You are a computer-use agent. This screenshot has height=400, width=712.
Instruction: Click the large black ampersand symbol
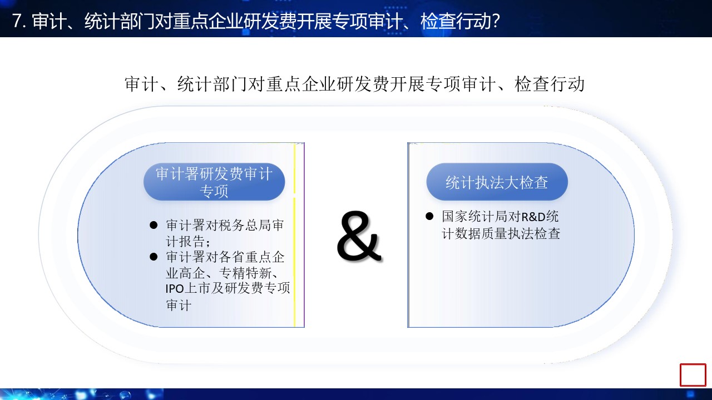pyautogui.click(x=359, y=236)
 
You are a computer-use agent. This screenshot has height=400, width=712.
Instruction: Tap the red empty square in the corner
pyautogui.click(x=693, y=375)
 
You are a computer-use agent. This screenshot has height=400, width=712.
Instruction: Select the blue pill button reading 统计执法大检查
pyautogui.click(x=497, y=182)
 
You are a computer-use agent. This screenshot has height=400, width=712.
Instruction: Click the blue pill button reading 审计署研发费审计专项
pyautogui.click(x=214, y=182)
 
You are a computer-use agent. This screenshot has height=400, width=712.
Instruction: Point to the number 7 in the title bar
pyautogui.click(x=17, y=21)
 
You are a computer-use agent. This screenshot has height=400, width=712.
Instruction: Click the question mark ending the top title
pyautogui.click(x=495, y=21)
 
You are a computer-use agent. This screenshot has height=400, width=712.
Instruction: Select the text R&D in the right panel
pyautogui.click(x=533, y=217)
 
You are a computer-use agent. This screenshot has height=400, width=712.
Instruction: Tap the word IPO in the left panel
pyautogui.click(x=175, y=289)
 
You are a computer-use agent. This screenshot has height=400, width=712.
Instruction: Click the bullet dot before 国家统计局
pyautogui.click(x=429, y=217)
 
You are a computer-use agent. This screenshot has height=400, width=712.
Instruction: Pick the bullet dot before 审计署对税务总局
pyautogui.click(x=153, y=226)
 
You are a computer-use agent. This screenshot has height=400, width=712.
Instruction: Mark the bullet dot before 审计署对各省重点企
pyautogui.click(x=153, y=257)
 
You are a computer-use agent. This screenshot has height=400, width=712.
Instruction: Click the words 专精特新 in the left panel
pyautogui.click(x=245, y=273)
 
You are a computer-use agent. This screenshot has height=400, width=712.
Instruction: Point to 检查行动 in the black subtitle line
pyautogui.click(x=549, y=84)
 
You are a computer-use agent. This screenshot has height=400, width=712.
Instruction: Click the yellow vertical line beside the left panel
pyautogui.click(x=294, y=235)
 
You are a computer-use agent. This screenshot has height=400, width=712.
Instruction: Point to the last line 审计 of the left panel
pyautogui.click(x=179, y=306)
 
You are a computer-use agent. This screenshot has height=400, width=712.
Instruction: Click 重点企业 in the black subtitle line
pyautogui.click(x=301, y=84)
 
